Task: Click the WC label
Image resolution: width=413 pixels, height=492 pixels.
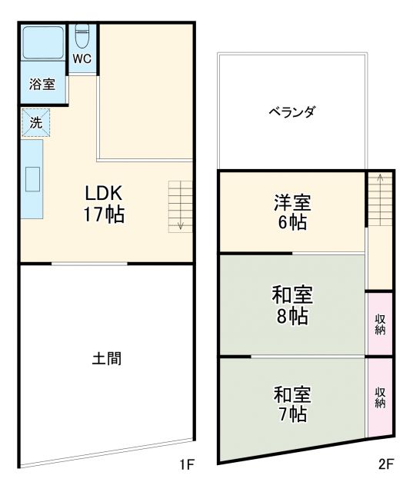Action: click(83, 58)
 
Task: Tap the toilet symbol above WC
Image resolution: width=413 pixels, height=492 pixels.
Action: click(83, 36)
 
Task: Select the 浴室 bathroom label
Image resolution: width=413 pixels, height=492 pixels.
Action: click(42, 85)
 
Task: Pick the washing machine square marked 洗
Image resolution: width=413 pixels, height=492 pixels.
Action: click(35, 121)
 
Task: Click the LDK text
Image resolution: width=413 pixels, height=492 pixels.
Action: click(104, 193)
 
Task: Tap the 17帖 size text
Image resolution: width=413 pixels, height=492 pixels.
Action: click(104, 214)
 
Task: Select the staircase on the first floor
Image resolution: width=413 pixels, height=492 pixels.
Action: click(179, 206)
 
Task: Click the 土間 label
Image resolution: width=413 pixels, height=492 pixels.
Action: click(106, 358)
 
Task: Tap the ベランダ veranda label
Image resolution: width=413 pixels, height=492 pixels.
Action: click(291, 112)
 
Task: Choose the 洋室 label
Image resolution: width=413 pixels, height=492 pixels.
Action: click(292, 203)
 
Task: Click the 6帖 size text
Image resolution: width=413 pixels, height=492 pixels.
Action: click(292, 224)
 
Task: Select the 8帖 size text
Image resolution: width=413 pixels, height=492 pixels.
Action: click(292, 315)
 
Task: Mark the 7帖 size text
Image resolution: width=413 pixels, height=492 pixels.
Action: click(292, 414)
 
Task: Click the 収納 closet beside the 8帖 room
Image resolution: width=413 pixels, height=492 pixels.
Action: click(380, 324)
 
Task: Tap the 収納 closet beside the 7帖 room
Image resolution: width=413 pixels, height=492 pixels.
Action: click(380, 397)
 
